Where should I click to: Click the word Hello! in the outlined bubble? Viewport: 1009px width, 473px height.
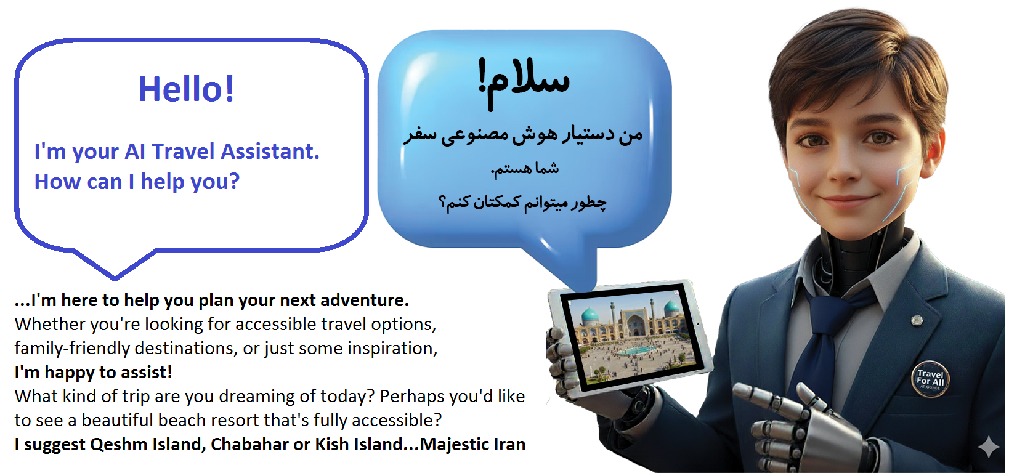pos(186,89)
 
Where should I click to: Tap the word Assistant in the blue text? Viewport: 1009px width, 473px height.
pos(270,152)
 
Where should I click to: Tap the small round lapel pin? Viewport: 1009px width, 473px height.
pos(917,320)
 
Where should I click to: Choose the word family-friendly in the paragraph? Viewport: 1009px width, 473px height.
pos(72,349)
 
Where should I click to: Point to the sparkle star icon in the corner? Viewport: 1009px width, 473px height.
pos(988,447)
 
